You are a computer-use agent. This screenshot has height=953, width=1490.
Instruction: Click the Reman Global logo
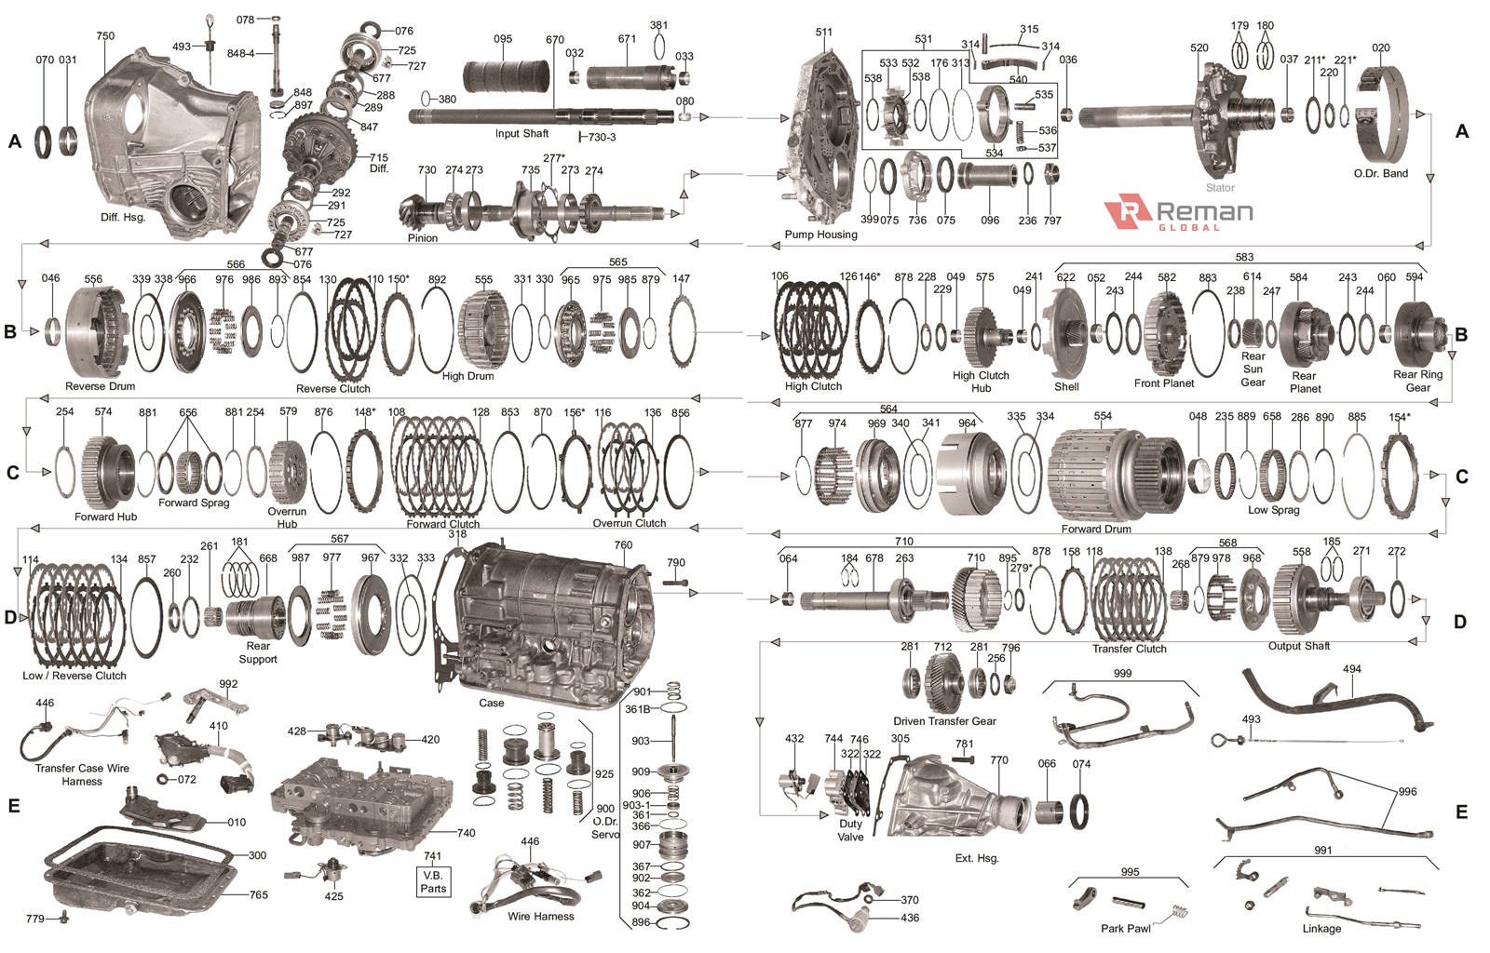1178,213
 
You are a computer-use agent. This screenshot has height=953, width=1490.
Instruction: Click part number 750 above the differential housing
105,36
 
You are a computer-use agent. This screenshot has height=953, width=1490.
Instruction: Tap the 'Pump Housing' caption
820,235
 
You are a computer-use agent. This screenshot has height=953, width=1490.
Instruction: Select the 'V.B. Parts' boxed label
433,881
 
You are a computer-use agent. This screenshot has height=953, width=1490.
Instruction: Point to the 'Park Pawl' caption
1125,928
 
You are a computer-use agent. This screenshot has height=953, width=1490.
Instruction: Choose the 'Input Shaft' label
521,134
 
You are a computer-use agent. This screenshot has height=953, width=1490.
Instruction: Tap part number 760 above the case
623,545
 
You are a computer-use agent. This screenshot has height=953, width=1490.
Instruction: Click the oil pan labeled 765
140,870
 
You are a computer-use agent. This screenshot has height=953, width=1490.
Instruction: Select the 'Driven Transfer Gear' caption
944,721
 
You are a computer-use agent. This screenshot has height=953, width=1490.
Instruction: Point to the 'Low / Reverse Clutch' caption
74,676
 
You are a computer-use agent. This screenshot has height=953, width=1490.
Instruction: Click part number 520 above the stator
1199,48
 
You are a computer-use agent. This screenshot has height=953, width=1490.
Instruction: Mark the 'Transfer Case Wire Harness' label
82,774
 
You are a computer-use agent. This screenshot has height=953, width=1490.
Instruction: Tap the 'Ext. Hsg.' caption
977,858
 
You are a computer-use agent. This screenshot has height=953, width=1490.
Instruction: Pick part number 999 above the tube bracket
1122,673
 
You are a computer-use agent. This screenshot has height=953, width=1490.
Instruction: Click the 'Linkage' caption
1321,928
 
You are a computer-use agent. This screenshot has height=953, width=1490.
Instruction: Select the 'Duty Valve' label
850,830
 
